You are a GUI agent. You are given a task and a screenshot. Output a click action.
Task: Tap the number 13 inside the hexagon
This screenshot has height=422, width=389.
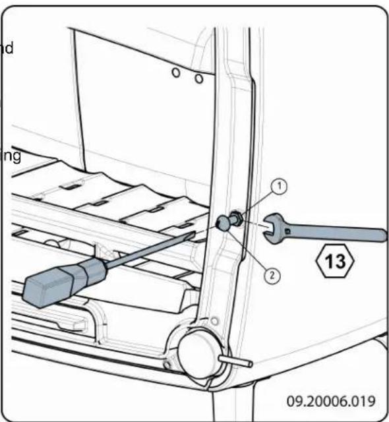click(x=336, y=262)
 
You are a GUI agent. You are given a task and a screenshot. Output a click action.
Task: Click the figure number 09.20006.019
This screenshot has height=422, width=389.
click(x=330, y=400)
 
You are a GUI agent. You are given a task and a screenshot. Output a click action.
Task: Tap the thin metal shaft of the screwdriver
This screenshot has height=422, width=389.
click(x=152, y=249)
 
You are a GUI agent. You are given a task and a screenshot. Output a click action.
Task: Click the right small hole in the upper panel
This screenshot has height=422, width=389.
click(x=198, y=78)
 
